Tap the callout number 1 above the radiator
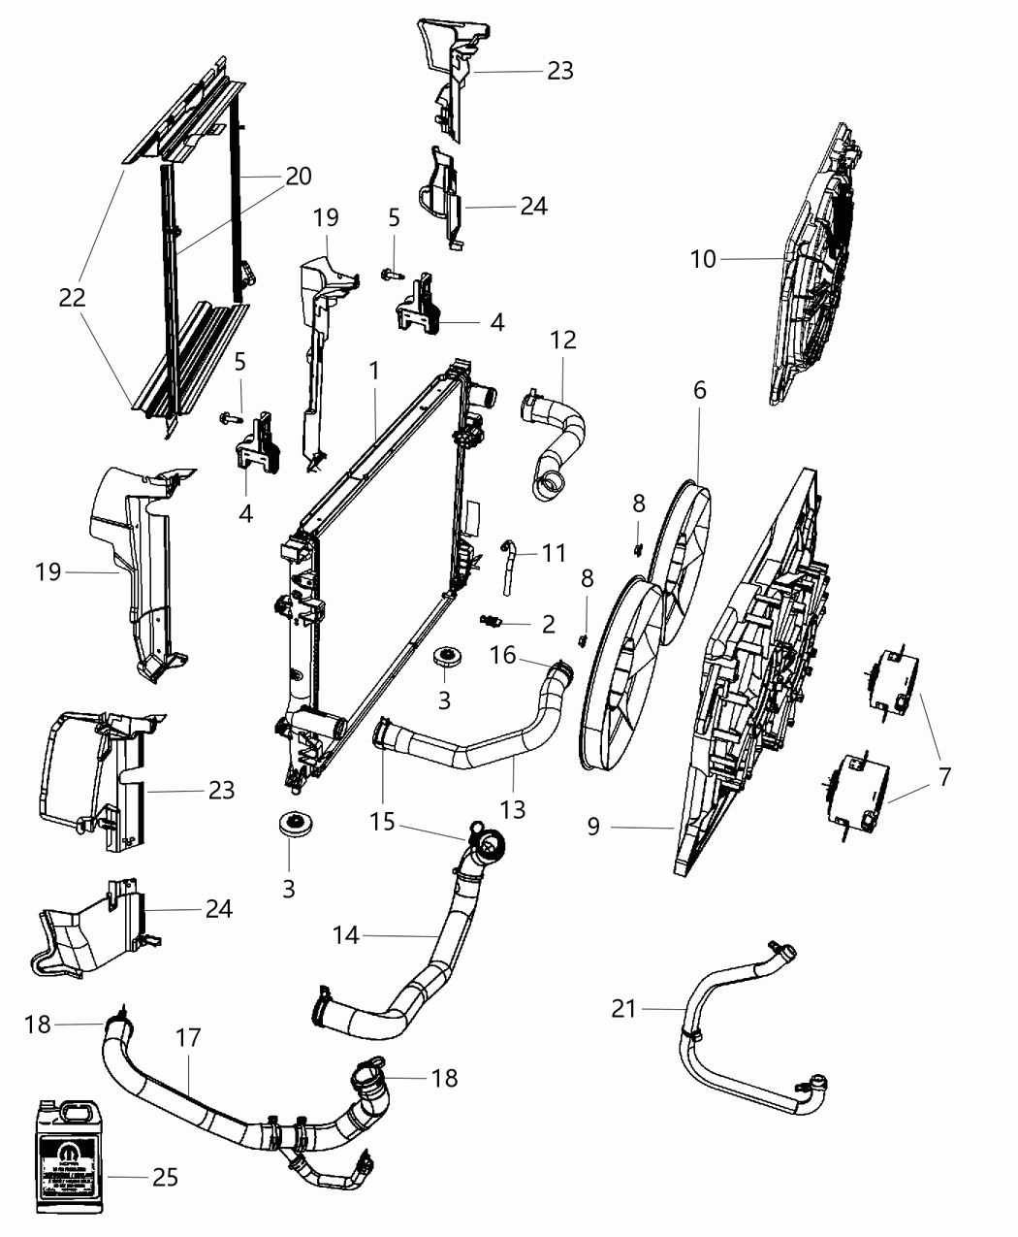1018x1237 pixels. (x=373, y=371)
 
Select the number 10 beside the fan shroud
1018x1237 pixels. (x=703, y=259)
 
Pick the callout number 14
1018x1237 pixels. (x=346, y=935)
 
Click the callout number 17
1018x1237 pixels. (x=188, y=1038)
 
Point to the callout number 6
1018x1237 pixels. (x=699, y=390)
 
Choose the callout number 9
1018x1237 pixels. (x=593, y=827)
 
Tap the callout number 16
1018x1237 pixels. (x=502, y=656)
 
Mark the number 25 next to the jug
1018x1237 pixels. (x=166, y=1177)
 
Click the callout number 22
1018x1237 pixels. (x=73, y=298)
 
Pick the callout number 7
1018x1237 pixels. (x=944, y=776)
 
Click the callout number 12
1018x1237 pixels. (x=562, y=340)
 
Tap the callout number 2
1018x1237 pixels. (x=548, y=624)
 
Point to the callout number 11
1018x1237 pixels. (x=554, y=553)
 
